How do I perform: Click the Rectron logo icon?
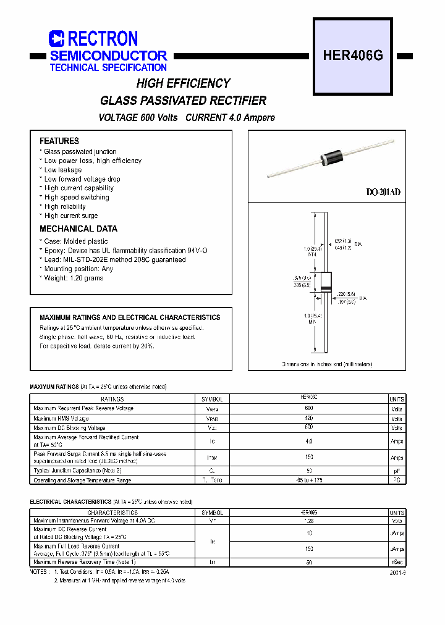pos(57,39)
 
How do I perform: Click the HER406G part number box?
pos(353,56)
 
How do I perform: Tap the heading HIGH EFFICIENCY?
pos(183,83)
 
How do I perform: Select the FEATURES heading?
pos(59,141)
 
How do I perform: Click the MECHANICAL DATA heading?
pos(78,229)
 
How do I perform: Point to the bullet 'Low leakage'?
pos(62,170)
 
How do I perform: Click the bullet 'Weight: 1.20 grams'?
pos(74,278)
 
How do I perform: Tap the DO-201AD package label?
pos(383,193)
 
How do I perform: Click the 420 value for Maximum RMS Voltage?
pos(309,418)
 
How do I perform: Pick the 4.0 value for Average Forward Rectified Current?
pos(309,441)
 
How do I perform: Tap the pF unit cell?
pos(397,471)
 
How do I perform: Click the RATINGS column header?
pos(112,399)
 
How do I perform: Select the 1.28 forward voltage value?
pos(309,521)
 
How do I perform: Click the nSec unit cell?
pos(397,562)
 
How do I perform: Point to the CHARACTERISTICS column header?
pos(112,513)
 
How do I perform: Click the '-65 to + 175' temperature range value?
pos(309,480)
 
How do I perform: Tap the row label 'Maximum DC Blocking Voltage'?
pos(69,427)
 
